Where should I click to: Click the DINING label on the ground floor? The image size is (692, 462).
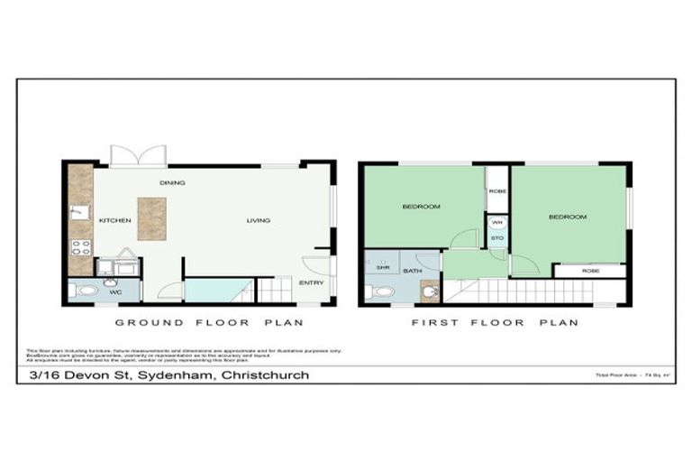tap(172, 183)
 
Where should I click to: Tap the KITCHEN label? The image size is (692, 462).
tap(115, 220)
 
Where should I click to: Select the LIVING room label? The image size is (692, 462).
tap(259, 220)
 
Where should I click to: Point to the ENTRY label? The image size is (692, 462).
tap(312, 282)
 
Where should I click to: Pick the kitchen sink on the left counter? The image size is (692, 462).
tap(79, 213)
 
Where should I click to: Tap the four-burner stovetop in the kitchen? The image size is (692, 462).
tap(80, 247)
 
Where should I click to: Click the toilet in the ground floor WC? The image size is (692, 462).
tap(86, 291)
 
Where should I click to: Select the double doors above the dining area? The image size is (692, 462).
tap(139, 155)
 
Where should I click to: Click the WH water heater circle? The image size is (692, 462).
tap(497, 223)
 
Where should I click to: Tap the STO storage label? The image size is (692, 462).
tap(497, 240)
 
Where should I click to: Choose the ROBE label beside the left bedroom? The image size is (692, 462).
tap(497, 191)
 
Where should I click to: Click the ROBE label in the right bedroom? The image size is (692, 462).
tap(590, 271)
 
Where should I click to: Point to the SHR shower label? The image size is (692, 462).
tap(382, 268)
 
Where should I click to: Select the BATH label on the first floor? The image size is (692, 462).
tap(412, 271)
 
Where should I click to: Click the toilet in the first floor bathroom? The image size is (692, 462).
tap(382, 291)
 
